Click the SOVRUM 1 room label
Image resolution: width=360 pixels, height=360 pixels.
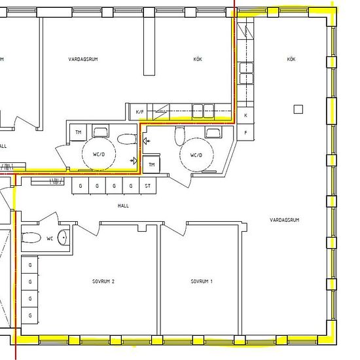coord(202,281)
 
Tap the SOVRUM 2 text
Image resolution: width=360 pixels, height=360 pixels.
coord(103,281)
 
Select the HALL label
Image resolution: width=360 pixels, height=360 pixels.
coord(123,206)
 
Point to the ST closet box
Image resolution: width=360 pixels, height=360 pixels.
coord(148,186)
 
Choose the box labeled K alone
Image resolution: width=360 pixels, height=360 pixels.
coord(245,115)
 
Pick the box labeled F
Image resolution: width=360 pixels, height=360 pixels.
coord(245,132)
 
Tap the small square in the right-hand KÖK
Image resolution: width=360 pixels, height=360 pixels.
coord(298,109)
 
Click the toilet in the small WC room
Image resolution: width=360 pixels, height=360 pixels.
coord(31,238)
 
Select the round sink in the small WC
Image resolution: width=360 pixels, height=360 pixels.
coord(62,237)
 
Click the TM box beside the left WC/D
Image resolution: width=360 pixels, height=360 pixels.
coord(78,132)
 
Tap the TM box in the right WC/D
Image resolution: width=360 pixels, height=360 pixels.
coord(151,164)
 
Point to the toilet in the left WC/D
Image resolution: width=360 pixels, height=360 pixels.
coord(127,139)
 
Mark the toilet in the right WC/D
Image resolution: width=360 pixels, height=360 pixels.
coord(179,136)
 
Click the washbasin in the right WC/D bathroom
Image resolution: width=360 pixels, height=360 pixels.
coord(213,133)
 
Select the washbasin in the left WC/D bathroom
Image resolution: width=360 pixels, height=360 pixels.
coord(101,131)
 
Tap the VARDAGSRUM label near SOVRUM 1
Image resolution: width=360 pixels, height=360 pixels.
coord(285,220)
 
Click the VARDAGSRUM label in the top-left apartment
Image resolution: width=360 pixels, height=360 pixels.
coord(83,59)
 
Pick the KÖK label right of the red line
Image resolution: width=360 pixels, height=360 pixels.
coord(291,59)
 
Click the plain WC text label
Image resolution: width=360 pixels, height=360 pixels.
coord(50,238)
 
